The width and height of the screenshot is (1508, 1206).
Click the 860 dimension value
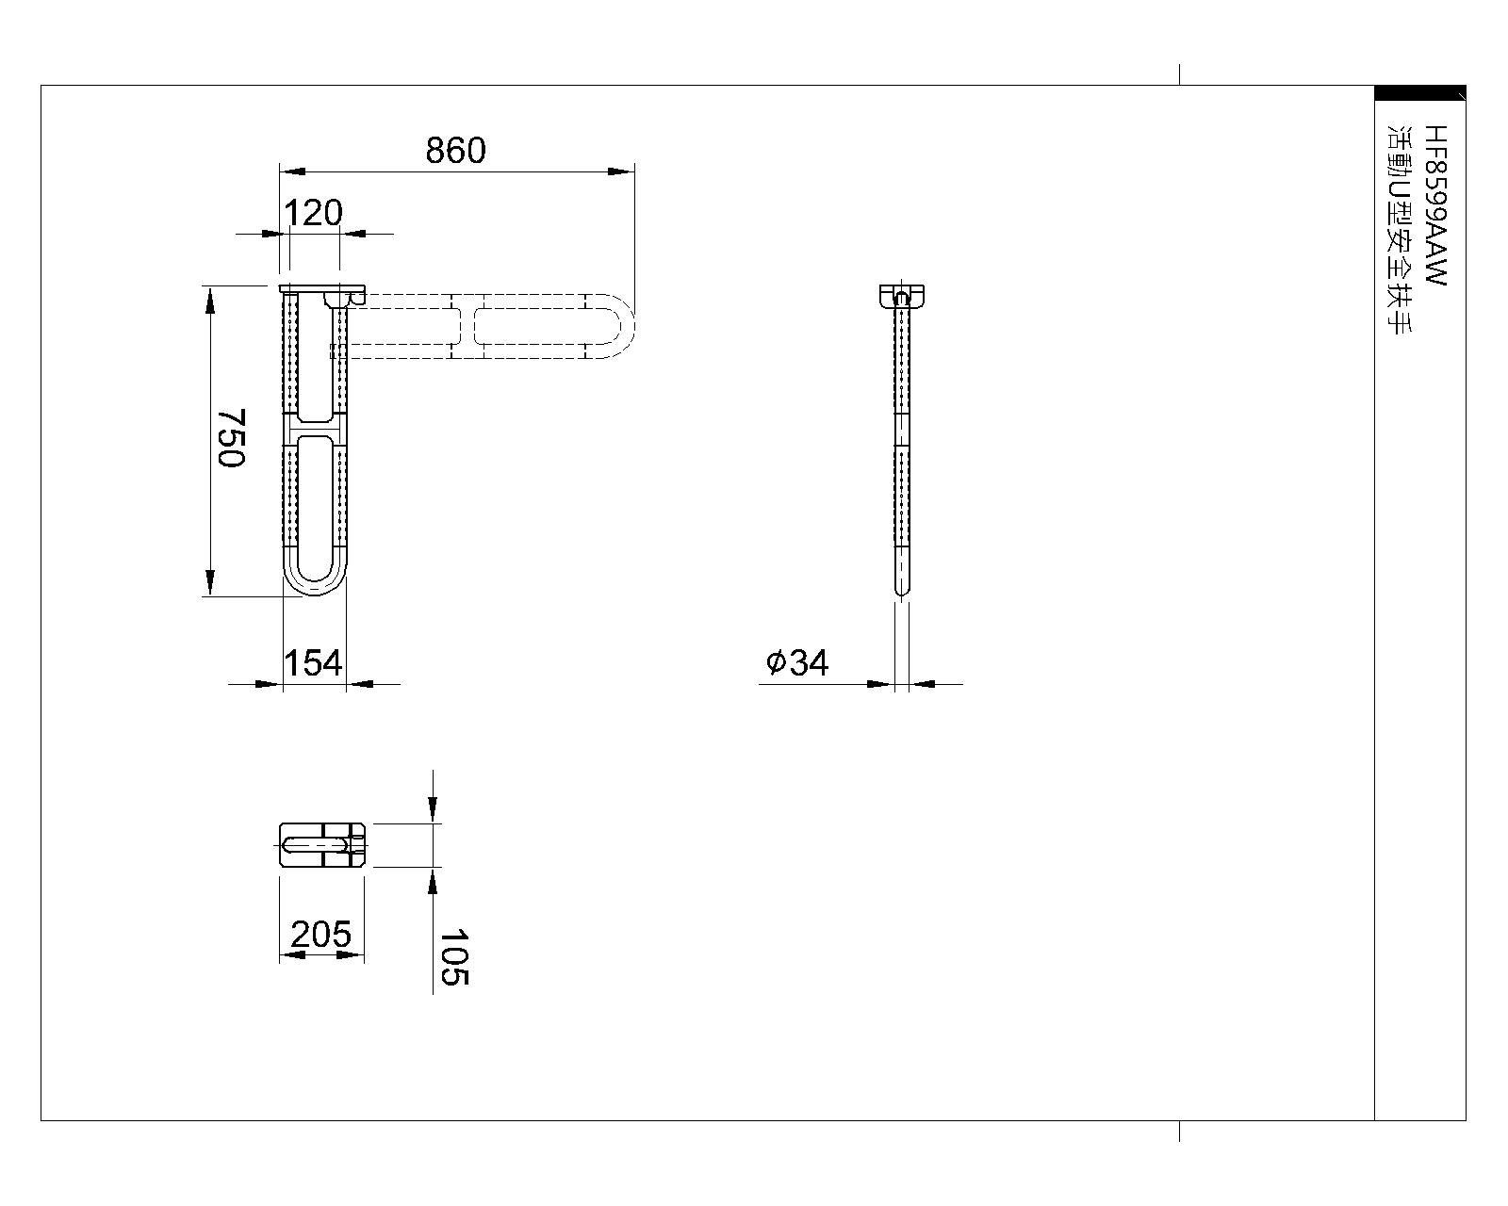[455, 151]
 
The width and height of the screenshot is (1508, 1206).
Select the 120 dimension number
[313, 214]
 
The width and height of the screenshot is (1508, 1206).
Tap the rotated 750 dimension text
[230, 437]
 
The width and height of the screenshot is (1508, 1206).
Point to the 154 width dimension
[313, 663]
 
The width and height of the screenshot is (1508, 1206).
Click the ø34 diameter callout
[797, 662]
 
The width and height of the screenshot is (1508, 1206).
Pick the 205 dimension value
[320, 935]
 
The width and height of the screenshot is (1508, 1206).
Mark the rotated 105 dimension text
[454, 957]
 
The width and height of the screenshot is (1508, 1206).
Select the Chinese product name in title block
[1397, 232]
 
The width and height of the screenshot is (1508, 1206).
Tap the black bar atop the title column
[1419, 92]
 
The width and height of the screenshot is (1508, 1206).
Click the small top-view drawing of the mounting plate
[322, 844]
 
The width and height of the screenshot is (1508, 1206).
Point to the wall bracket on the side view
[902, 295]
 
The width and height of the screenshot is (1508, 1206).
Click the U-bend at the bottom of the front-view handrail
[315, 579]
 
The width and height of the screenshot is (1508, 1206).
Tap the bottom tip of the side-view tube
[902, 591]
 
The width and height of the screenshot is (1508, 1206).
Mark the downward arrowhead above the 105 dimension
[433, 808]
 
